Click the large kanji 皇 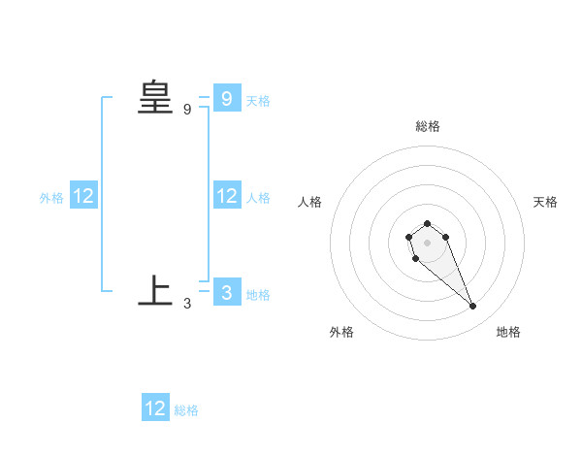tap(155, 98)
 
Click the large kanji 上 tap(155, 290)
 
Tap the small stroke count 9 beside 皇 tap(187, 110)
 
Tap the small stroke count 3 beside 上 tap(187, 303)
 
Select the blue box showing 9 tap(226, 98)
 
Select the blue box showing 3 tap(226, 291)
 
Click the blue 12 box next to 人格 tap(226, 195)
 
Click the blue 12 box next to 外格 tap(83, 195)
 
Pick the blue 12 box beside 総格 tap(155, 407)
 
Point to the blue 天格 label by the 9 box tap(258, 101)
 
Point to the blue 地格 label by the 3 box tap(258, 295)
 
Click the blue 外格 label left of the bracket tap(51, 198)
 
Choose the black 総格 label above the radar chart tap(428, 126)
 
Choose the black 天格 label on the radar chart tap(545, 202)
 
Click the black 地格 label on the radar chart tap(508, 332)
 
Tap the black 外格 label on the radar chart tap(341, 332)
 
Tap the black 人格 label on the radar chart tap(309, 202)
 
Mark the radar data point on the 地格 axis tap(473, 307)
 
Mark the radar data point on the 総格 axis tap(427, 223)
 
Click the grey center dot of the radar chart tap(427, 242)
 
